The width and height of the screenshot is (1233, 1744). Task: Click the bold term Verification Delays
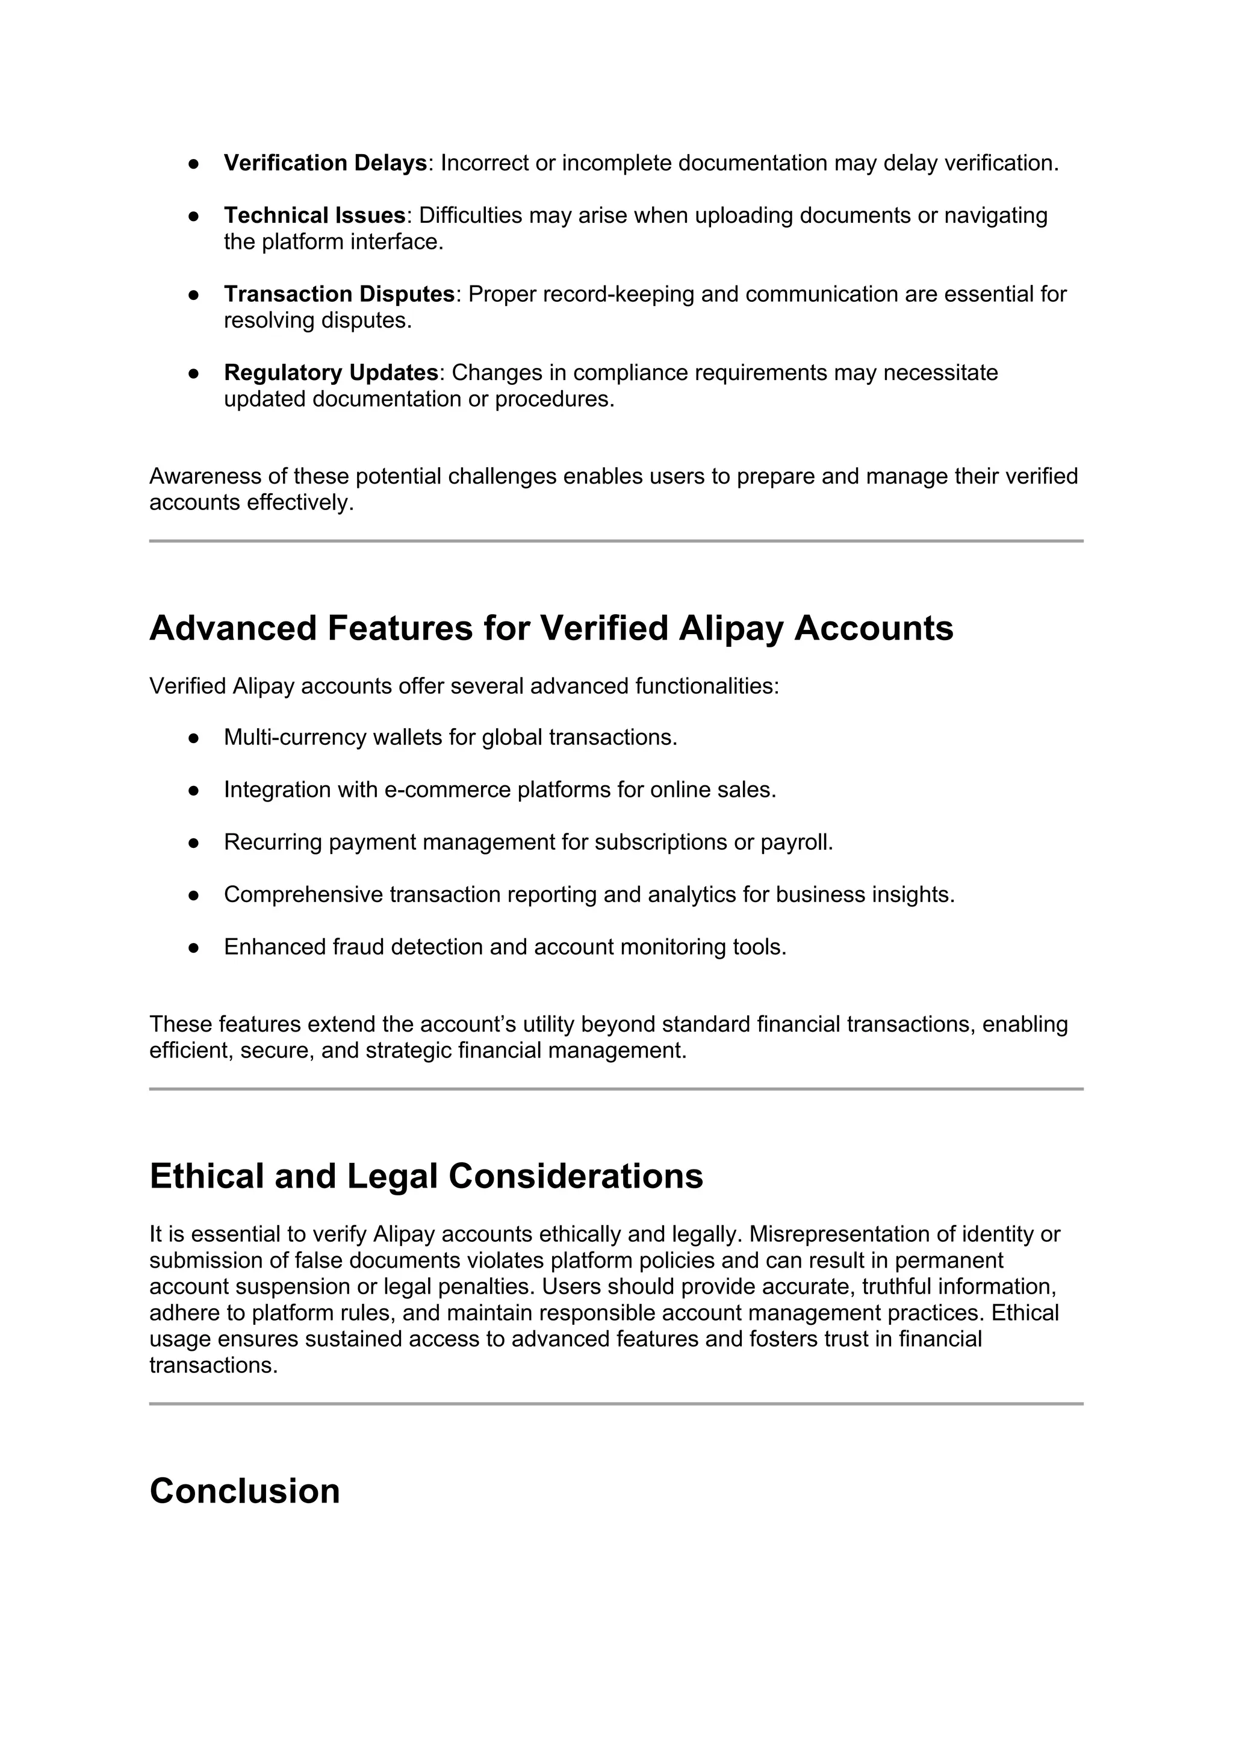(x=325, y=163)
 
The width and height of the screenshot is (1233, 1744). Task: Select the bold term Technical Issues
(x=314, y=216)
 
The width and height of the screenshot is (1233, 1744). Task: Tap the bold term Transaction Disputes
(x=338, y=294)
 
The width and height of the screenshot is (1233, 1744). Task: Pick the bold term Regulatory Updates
(x=331, y=373)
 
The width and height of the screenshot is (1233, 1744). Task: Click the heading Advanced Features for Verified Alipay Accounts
(x=551, y=629)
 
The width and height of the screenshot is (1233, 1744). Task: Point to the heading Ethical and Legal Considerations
(x=426, y=1177)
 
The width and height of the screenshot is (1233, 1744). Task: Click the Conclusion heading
(x=244, y=1491)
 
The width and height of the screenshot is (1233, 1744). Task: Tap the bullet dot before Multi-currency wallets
(x=194, y=738)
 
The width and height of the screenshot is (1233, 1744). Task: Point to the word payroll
(x=797, y=842)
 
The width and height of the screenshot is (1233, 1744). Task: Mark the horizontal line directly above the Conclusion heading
(x=616, y=1404)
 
